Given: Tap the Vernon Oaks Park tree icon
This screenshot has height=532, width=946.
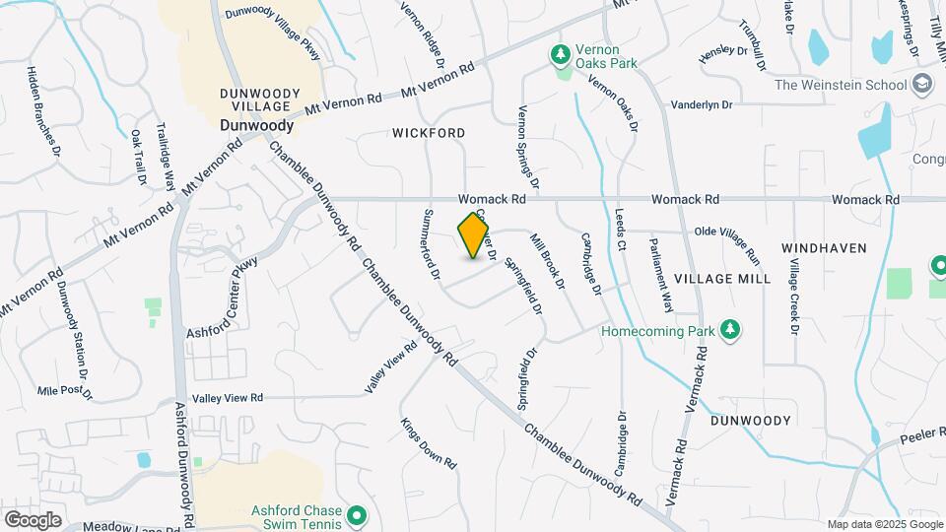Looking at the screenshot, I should coord(561,52).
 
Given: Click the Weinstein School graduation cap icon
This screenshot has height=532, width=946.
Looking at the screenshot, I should coord(922,84).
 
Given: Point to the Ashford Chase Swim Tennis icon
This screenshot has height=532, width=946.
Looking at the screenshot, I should coord(358,514).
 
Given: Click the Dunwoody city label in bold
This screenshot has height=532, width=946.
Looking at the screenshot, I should coord(256,126).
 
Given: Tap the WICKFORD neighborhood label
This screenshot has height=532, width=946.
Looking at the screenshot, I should coord(429,132).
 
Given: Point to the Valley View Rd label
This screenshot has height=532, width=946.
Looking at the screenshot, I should coord(228,398).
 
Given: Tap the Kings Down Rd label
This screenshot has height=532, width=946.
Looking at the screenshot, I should coord(430,443).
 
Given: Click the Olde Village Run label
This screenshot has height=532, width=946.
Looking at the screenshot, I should coord(728,243).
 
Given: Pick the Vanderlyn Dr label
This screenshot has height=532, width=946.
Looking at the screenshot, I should coord(702,103).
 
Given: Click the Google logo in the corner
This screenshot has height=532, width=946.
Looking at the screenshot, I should coord(33,519).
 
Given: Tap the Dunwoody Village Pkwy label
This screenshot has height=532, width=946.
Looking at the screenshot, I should coord(274,13).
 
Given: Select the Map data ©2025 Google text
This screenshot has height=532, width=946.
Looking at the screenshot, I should coord(885,524).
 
